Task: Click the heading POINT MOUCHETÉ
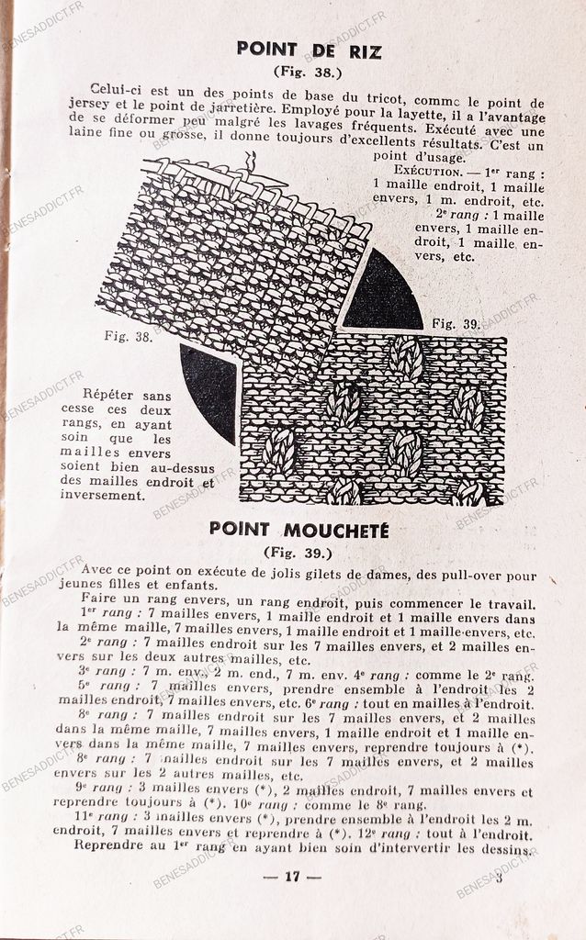(x=299, y=530)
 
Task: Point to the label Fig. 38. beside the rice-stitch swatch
(x=128, y=337)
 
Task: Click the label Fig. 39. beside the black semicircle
(x=456, y=323)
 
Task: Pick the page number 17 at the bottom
(x=292, y=876)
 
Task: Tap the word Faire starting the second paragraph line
(x=99, y=599)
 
